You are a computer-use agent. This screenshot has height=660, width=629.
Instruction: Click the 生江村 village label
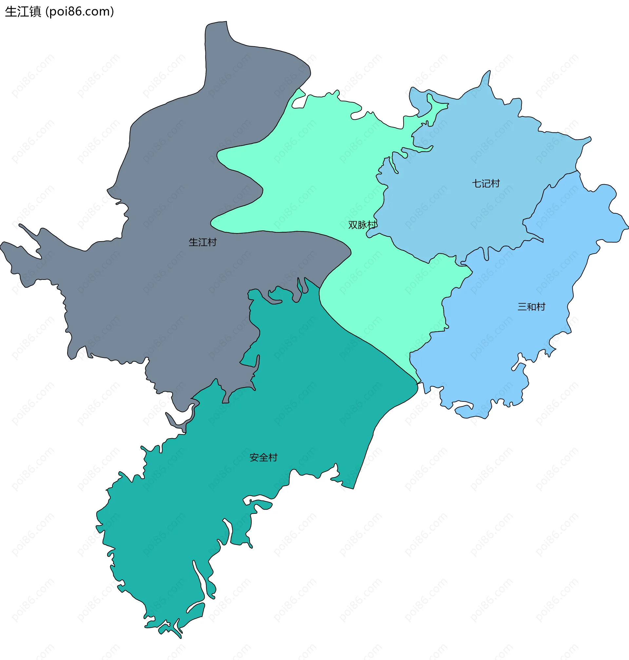pyautogui.click(x=202, y=242)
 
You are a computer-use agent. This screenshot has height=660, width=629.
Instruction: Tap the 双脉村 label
pyautogui.click(x=362, y=225)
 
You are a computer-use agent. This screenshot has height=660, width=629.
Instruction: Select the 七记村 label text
pyautogui.click(x=486, y=184)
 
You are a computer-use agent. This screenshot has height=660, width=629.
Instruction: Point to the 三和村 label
pyautogui.click(x=531, y=306)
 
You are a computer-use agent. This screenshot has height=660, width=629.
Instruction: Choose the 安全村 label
pyautogui.click(x=263, y=457)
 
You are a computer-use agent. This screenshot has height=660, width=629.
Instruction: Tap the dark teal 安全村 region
pyautogui.click(x=302, y=386)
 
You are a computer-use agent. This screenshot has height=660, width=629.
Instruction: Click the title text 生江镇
pyautogui.click(x=23, y=12)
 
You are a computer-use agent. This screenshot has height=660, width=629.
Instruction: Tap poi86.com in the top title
pyautogui.click(x=80, y=12)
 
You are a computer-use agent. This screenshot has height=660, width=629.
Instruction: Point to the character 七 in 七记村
pyautogui.click(x=477, y=184)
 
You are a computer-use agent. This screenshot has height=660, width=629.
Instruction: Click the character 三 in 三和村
pyautogui.click(x=523, y=306)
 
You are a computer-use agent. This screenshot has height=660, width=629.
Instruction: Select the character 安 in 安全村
pyautogui.click(x=254, y=457)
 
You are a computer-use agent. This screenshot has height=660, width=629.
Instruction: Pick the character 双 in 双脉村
pyautogui.click(x=353, y=225)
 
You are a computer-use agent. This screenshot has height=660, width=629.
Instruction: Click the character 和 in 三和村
pyautogui.click(x=531, y=306)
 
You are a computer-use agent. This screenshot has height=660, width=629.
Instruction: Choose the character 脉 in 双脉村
pyautogui.click(x=362, y=225)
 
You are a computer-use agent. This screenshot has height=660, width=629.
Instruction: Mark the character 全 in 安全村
pyautogui.click(x=263, y=457)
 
